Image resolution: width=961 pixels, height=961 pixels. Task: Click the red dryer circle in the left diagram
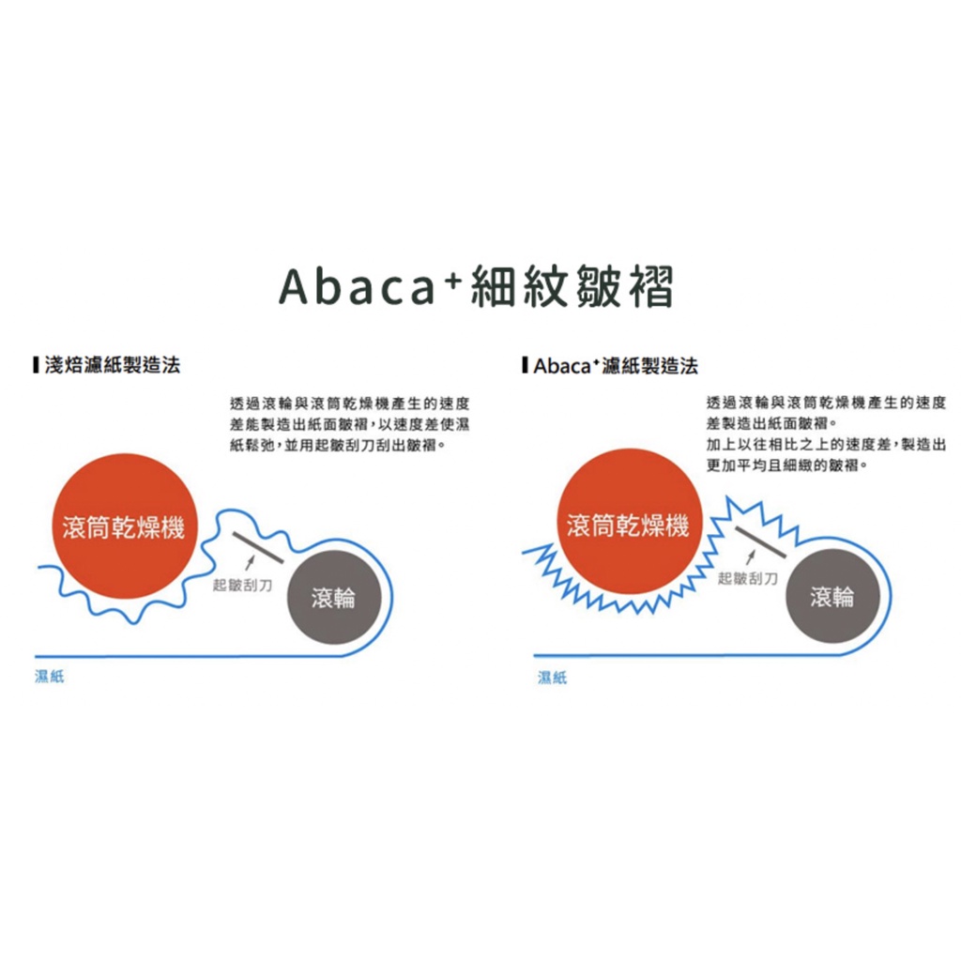click(125, 526)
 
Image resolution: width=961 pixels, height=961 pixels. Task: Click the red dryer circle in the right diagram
click(629, 522)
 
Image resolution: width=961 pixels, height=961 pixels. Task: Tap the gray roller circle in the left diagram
click(334, 597)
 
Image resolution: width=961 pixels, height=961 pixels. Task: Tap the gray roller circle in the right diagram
click(832, 596)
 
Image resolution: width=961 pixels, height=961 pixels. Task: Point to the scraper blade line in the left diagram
click(257, 548)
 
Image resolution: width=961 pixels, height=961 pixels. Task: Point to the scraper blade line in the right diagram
click(760, 542)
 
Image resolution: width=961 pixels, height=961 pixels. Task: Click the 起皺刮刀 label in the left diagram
click(242, 586)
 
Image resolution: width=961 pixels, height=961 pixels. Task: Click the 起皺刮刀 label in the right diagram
click(747, 578)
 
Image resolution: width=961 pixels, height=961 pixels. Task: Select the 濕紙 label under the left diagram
click(50, 676)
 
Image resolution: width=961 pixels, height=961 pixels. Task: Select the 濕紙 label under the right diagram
click(552, 677)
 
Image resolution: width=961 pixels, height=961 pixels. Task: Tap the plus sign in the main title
click(453, 279)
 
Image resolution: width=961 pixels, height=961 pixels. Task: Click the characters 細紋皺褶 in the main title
click(572, 286)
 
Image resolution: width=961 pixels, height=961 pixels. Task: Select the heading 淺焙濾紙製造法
click(113, 365)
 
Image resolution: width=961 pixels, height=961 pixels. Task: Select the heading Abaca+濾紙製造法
click(616, 366)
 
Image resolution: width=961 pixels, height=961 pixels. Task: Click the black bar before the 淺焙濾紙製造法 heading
click(37, 365)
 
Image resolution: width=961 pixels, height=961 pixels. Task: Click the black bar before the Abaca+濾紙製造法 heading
click(525, 365)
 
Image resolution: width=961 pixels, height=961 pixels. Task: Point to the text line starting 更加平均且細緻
click(787, 465)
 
